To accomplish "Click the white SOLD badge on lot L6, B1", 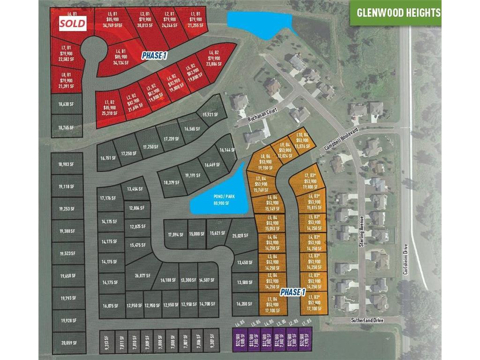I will (72, 23).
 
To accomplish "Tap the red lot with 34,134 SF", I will (121, 57).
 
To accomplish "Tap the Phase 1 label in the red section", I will (154, 55).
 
